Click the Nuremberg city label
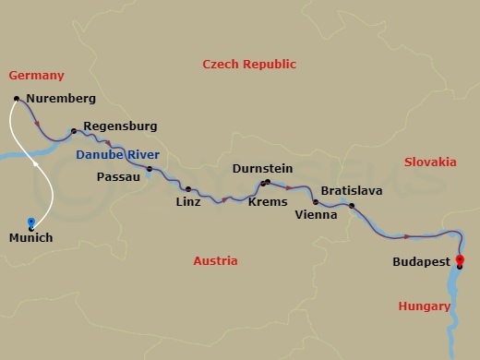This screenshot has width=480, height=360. coord(61,98)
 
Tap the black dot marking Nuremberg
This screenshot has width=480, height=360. coord(18,99)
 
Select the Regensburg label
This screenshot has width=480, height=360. coord(120,126)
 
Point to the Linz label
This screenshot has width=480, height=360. coord(188,201)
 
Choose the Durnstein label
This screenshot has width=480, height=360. coord(264,170)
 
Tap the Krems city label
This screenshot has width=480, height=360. coord(269,201)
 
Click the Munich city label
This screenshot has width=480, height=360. coord(30,238)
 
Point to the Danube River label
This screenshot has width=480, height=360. coord(118,155)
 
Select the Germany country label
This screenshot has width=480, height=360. coord(36,75)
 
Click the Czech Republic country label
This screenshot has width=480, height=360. coord(249,65)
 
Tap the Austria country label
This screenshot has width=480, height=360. coord(215,261)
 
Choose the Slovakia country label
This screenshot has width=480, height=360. coord(430,162)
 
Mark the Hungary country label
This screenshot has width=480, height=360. coord(424,306)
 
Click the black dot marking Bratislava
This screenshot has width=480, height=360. coord(352,206)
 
